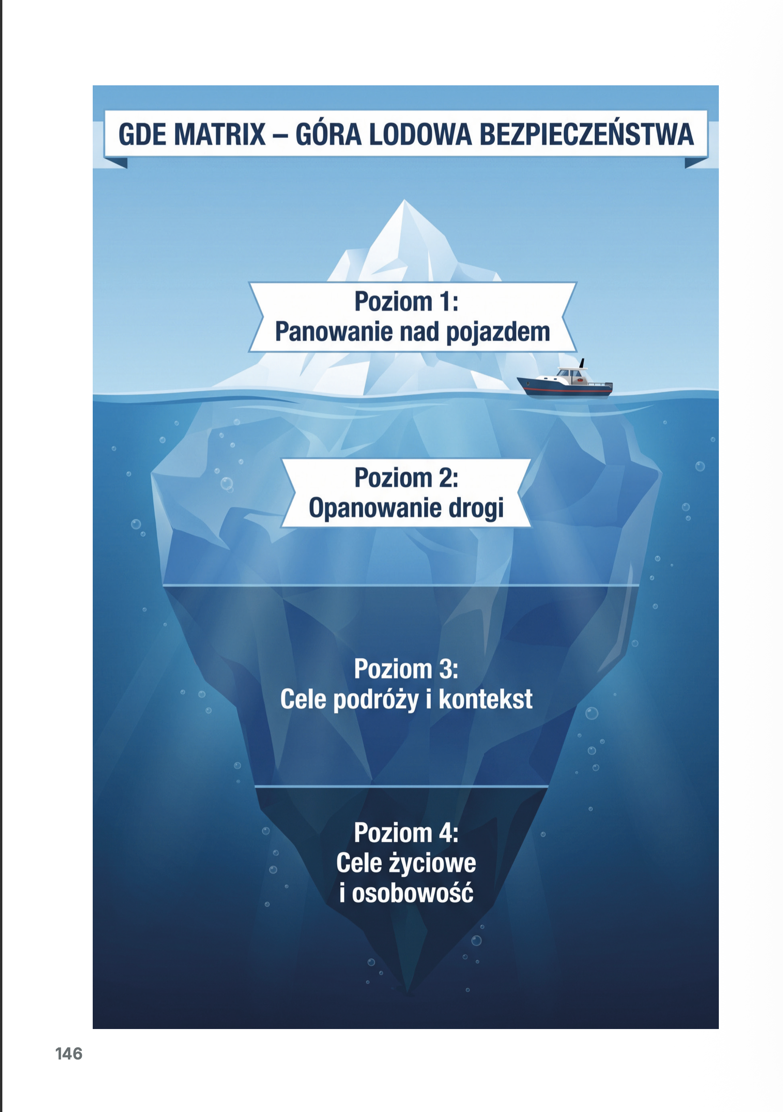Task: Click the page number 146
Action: pyautogui.click(x=69, y=1053)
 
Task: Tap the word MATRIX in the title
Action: pyautogui.click(x=220, y=134)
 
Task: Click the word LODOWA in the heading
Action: pyautogui.click(x=420, y=134)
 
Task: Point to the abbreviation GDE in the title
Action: pyautogui.click(x=143, y=134)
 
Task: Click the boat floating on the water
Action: pyautogui.click(x=565, y=381)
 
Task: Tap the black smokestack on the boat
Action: pyautogui.click(x=582, y=363)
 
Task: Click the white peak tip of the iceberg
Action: pyautogui.click(x=404, y=200)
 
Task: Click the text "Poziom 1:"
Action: pyautogui.click(x=406, y=301)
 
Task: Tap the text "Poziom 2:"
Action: pyautogui.click(x=406, y=478)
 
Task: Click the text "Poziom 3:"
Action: pyautogui.click(x=406, y=669)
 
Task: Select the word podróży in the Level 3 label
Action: pyautogui.click(x=376, y=700)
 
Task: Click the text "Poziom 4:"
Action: pyautogui.click(x=406, y=833)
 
